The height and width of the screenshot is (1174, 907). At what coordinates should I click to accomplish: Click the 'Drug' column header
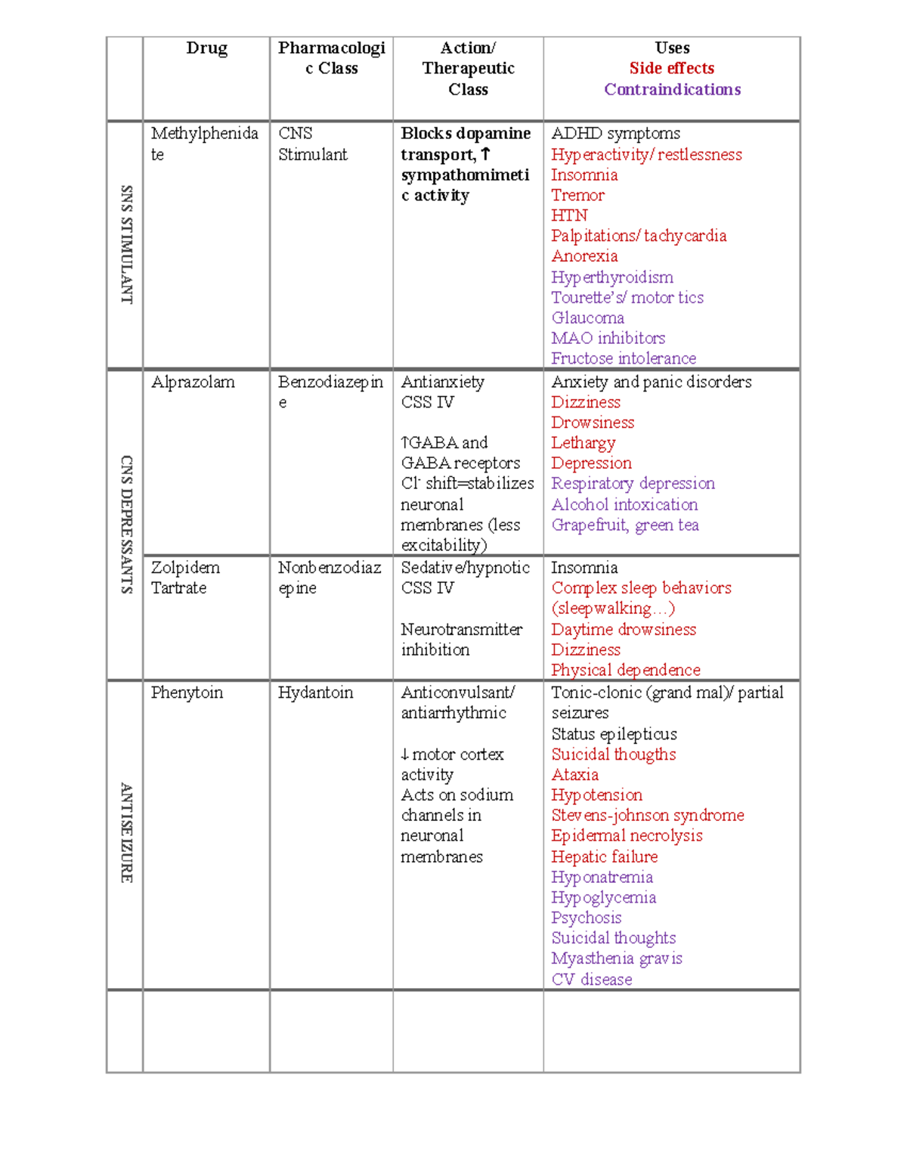tap(206, 48)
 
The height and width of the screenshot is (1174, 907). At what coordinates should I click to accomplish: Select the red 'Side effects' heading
tap(671, 68)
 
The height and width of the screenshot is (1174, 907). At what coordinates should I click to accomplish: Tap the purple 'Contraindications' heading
tap(671, 89)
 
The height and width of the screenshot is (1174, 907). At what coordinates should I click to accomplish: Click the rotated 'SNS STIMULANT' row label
tap(126, 244)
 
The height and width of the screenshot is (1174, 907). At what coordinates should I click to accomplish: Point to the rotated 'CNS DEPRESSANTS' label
tap(126, 524)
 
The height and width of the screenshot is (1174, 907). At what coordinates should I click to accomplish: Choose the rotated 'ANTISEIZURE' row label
tap(126, 832)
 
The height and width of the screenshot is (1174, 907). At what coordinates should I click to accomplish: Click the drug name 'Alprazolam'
tap(193, 382)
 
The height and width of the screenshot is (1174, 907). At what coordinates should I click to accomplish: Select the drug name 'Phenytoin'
tap(187, 692)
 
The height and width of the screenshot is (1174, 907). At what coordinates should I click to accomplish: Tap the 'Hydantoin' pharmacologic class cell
tap(315, 692)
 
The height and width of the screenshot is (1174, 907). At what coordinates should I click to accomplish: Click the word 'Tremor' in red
tap(577, 195)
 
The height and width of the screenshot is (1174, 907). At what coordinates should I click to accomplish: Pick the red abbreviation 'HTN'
tap(568, 215)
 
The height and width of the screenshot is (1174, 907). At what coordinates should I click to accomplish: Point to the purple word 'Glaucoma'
tap(587, 318)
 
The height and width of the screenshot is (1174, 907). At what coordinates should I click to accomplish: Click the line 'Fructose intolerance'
tap(623, 358)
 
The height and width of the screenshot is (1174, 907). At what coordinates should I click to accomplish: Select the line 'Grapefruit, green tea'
tap(624, 525)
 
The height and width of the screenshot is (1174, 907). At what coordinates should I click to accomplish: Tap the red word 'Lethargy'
tap(583, 443)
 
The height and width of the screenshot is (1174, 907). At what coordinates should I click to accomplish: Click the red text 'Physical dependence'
tap(625, 670)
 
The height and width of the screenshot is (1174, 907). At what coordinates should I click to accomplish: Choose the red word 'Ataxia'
tap(574, 774)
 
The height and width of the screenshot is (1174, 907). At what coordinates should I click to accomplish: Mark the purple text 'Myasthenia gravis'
tap(616, 958)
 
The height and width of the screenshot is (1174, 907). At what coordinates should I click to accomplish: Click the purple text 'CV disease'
tap(591, 979)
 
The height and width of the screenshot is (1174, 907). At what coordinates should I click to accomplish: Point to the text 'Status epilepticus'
tap(614, 734)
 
